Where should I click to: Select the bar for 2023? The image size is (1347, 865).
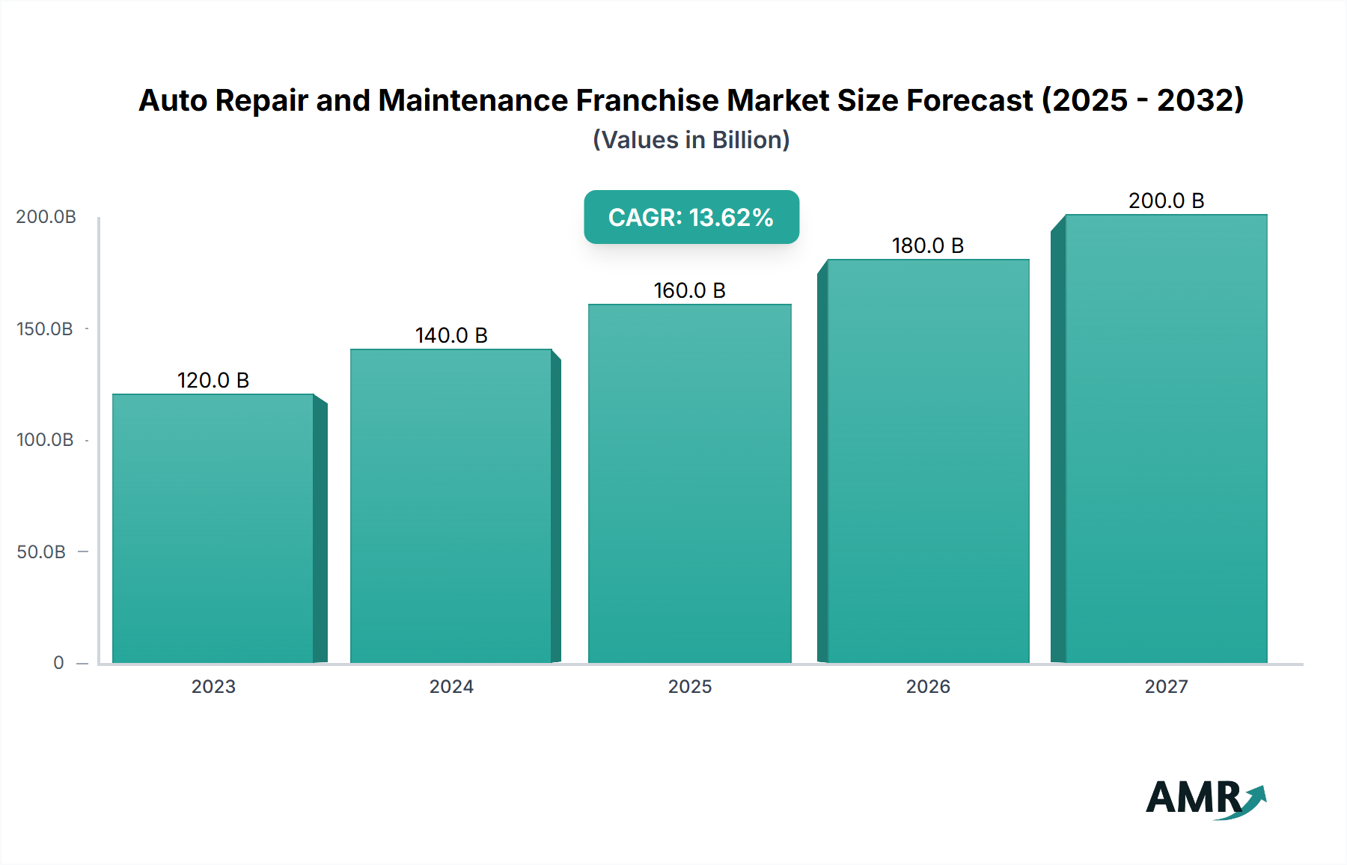(213, 528)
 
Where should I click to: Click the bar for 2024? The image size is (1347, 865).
(451, 506)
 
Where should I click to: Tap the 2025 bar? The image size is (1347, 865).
(689, 483)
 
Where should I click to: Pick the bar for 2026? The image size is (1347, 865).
(928, 461)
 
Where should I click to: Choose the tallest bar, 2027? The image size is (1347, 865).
(1166, 438)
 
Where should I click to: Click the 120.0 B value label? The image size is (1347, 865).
(213, 380)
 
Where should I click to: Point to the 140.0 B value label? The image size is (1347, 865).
(451, 335)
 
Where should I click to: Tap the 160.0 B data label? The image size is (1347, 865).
(689, 290)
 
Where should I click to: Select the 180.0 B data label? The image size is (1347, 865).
(928, 245)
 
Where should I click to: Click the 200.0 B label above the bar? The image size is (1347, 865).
(1166, 201)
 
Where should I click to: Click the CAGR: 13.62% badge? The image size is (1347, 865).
(691, 217)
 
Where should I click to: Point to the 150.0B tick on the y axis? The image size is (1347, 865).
(45, 328)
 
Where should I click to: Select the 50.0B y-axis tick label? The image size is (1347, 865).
(41, 551)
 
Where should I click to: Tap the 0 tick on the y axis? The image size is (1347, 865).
(58, 662)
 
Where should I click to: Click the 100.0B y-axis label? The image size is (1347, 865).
(45, 439)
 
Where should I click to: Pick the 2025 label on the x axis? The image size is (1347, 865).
(689, 686)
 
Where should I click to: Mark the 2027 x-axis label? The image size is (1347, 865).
(1166, 686)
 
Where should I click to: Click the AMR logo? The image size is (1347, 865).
(1205, 798)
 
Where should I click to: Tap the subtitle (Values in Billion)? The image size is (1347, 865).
(691, 140)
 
